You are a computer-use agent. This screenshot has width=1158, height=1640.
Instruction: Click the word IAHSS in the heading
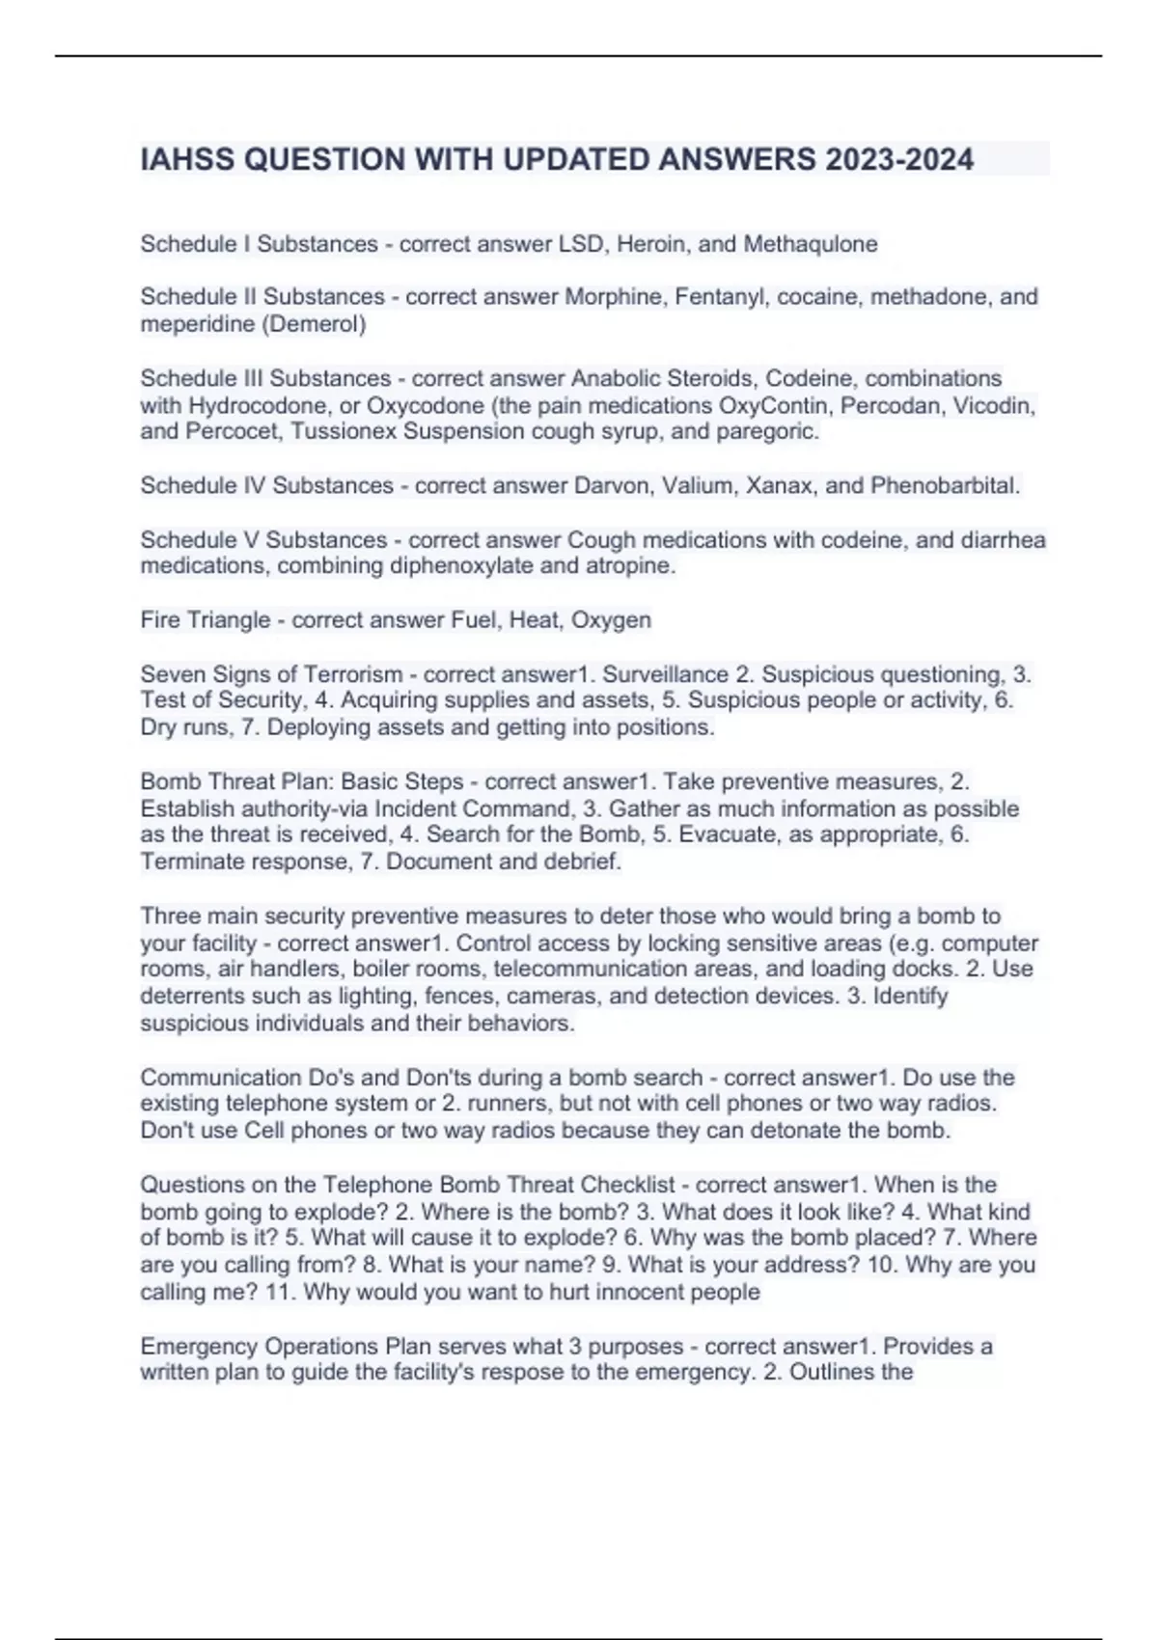click(x=187, y=159)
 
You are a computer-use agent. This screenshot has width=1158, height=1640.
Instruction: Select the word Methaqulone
click(x=810, y=244)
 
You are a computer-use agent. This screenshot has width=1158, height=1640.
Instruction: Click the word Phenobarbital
click(x=945, y=485)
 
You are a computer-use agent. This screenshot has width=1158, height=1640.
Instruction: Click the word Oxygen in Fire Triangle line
click(x=611, y=620)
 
